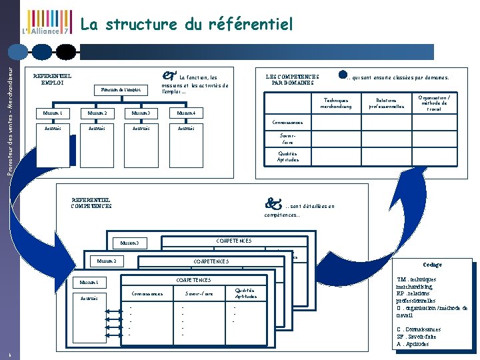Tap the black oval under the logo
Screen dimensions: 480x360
(66, 51)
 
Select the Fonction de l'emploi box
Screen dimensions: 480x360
(121, 89)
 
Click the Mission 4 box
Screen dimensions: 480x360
(185, 113)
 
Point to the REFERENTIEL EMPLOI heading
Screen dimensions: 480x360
(53, 79)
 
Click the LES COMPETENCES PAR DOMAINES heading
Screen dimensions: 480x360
(293, 79)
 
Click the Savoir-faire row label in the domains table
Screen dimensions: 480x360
(287, 138)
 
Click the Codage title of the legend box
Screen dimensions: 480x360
(432, 265)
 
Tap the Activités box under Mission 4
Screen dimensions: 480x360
(186, 128)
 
